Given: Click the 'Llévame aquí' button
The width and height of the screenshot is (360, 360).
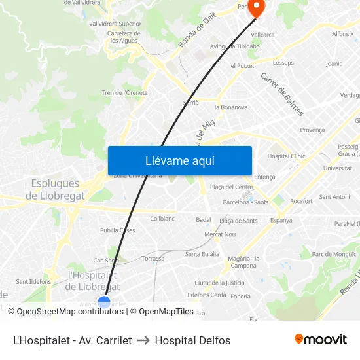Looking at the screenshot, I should (x=180, y=160).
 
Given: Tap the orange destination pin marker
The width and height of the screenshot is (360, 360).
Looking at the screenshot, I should (x=255, y=8).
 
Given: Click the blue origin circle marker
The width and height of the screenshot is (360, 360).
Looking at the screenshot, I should (x=104, y=302).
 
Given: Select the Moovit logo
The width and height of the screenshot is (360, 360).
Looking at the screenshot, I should (x=321, y=340).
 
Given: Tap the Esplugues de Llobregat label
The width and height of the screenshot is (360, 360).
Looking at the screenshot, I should (x=55, y=190).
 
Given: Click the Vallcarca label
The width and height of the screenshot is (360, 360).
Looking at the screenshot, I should (x=262, y=35).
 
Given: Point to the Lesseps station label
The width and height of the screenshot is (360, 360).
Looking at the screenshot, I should (x=283, y=63).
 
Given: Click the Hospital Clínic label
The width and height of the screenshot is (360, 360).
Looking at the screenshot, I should (x=286, y=156).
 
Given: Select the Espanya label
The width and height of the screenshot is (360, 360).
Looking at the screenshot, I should (x=281, y=221).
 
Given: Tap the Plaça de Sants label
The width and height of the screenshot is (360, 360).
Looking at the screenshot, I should (x=238, y=221).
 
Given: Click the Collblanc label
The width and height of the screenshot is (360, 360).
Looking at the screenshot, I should (x=162, y=219).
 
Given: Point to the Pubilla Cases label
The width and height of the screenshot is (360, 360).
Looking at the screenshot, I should (x=118, y=230).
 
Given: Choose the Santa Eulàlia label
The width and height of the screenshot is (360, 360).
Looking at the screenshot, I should (x=202, y=254).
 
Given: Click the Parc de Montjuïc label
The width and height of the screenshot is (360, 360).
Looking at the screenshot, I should (x=334, y=254).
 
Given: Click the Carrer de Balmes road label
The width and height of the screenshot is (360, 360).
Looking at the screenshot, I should (x=282, y=94).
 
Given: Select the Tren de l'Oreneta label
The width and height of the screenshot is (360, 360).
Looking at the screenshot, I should (x=124, y=93).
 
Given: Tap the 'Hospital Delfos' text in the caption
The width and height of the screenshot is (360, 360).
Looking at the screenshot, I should (x=192, y=340).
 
